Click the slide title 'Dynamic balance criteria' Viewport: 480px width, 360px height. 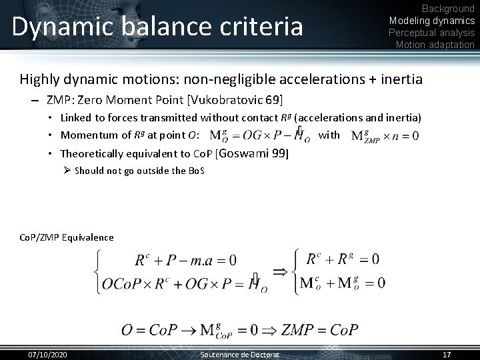(157, 27)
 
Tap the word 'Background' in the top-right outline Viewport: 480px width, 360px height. (449, 9)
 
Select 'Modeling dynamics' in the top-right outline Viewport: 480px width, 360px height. (432, 21)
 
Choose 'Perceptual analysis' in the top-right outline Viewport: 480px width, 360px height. (432, 33)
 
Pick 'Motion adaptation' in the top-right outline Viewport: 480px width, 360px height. (435, 45)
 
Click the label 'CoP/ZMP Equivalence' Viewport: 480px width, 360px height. (66, 237)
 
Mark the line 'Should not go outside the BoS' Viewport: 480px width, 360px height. (139, 171)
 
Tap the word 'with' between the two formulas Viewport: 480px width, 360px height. (329, 135)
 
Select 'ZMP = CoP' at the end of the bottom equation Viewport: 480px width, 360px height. (320, 329)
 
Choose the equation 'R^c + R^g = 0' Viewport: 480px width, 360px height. (342, 258)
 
